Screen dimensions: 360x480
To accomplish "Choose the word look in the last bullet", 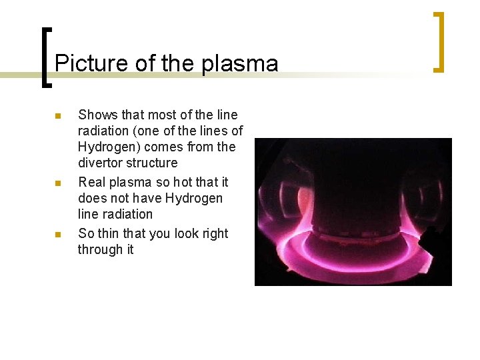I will click(174, 233).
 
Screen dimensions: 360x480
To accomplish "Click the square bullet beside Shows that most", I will click(58, 116).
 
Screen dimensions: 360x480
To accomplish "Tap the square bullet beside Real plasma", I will click(58, 183).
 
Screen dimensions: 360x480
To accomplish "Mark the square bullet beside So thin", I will click(58, 235).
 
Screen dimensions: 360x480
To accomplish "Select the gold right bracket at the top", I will click(439, 41).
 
